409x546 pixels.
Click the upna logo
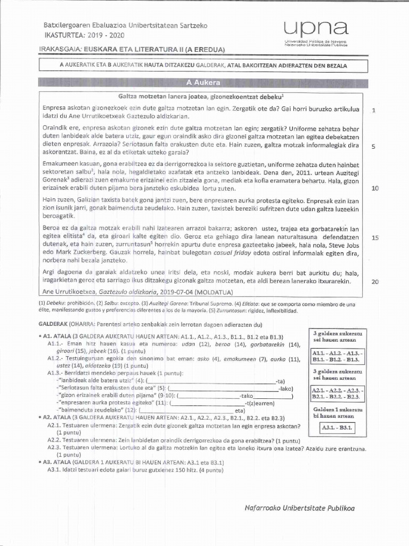click(x=316, y=28)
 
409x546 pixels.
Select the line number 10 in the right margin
click(x=374, y=188)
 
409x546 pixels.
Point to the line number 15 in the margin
click(x=374, y=238)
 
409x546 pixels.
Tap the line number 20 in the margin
click(x=374, y=282)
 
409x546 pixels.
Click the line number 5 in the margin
click(x=374, y=147)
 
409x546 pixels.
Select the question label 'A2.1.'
click(x=55, y=426)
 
